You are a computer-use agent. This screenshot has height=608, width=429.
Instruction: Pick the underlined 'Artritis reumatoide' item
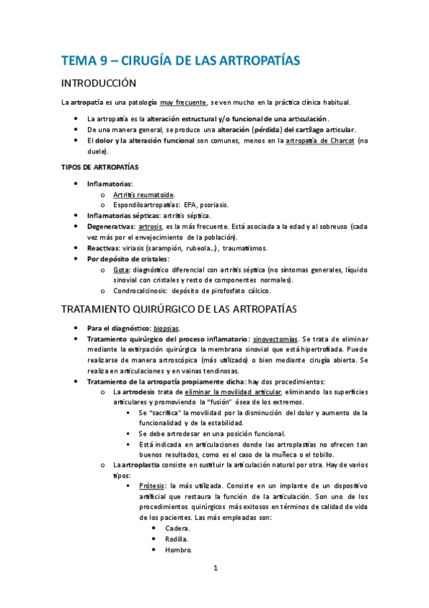143,194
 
